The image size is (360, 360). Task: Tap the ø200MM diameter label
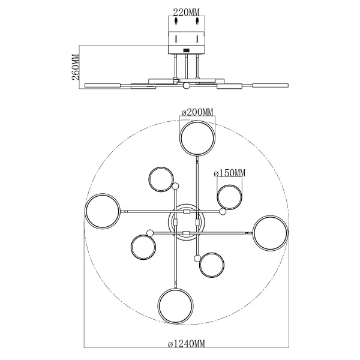click(x=197, y=112)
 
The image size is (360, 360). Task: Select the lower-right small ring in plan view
click(x=212, y=265)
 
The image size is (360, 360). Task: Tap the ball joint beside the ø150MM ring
click(x=223, y=212)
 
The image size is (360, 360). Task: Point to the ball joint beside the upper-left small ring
click(x=175, y=187)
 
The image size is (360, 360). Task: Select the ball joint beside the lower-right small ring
click(x=197, y=257)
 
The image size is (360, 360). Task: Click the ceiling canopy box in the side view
click(x=187, y=34)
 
